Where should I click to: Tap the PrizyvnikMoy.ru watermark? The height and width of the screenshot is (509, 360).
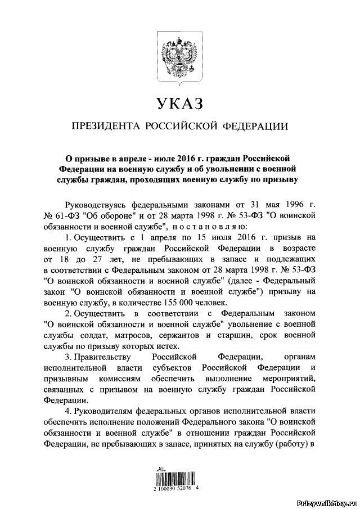pos(326,502)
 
